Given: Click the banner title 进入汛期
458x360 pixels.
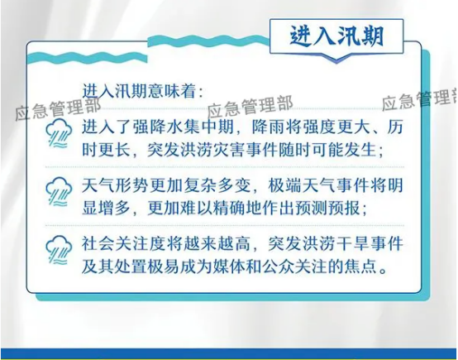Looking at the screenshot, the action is click(x=336, y=36).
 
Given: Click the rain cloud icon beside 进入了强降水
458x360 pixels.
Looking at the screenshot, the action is click(x=59, y=133).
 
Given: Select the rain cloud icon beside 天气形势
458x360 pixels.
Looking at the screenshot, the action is click(x=59, y=192).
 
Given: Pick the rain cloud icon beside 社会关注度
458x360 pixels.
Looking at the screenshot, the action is click(x=59, y=250).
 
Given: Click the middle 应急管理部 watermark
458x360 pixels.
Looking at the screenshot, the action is click(x=250, y=106).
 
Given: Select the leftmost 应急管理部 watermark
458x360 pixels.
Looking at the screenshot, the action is click(x=58, y=108).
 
